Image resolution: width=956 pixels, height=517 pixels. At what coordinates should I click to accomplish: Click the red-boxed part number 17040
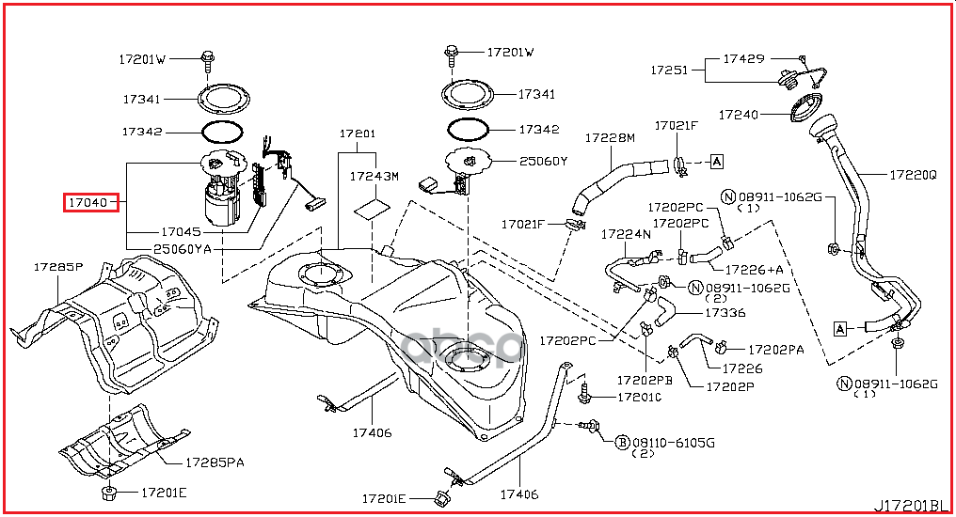90,202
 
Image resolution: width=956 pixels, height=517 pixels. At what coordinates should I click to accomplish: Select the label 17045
182,230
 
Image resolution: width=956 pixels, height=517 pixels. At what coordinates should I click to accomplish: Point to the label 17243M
374,176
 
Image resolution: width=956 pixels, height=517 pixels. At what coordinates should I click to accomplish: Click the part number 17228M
610,138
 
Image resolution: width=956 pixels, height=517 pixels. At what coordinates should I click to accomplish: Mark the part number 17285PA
215,462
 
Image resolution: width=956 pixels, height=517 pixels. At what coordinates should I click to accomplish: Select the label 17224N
627,235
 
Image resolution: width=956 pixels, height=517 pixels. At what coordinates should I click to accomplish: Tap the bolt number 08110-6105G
674,441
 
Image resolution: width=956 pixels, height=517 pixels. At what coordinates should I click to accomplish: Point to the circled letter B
622,441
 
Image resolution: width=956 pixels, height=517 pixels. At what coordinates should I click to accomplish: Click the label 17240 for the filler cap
739,115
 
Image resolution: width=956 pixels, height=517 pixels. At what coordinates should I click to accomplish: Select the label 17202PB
645,381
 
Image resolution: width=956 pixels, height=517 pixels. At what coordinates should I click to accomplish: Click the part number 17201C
640,398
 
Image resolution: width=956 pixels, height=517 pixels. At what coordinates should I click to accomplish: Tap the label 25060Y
543,161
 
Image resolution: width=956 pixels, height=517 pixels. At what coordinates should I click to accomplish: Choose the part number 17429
743,58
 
